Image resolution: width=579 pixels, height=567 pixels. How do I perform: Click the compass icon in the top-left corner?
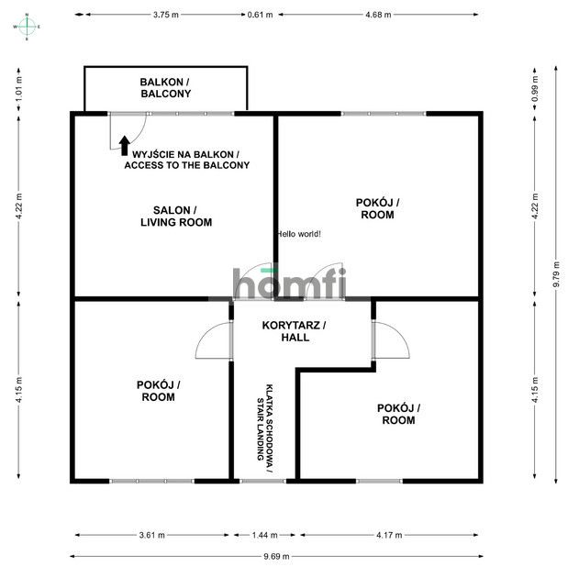pos(28,27)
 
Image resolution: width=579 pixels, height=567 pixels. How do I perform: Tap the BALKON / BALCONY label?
pos(165,88)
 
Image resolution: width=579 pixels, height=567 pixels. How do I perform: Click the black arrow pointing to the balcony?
pos(124,144)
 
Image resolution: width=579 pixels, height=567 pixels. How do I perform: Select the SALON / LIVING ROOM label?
pos(175,216)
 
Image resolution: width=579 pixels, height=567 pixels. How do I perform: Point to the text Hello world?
pos(299,234)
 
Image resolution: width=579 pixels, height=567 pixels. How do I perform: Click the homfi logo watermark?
pos(289,283)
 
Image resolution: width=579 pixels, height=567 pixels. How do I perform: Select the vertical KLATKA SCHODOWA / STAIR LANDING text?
pos(264,421)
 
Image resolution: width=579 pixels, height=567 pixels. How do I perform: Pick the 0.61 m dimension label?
pos(261,16)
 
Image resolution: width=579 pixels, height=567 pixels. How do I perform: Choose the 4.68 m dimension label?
pos(377,16)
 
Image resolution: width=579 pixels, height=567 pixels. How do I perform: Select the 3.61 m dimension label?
pos(152,535)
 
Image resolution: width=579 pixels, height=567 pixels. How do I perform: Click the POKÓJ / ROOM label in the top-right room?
pos(377,208)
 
